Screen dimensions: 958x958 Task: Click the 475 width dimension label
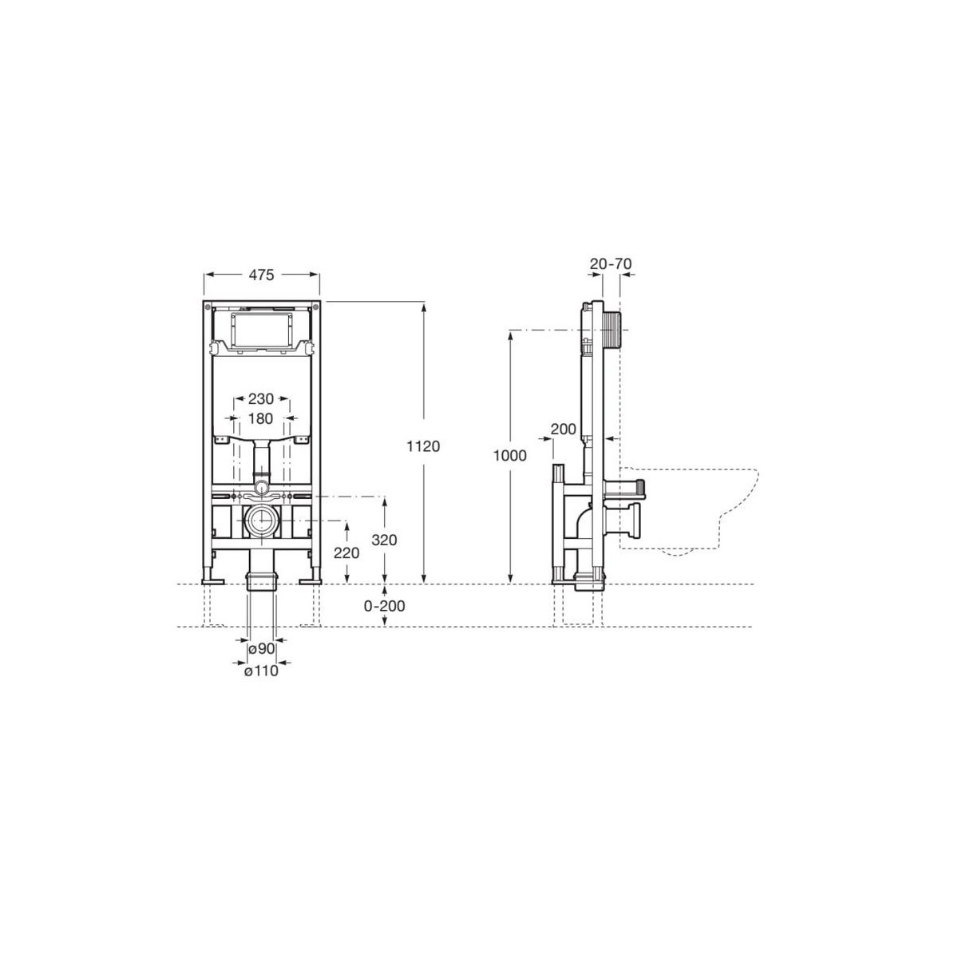261,275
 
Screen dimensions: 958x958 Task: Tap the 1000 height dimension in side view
510,456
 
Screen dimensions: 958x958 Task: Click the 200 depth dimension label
564,430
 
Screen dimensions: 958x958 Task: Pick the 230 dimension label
260,398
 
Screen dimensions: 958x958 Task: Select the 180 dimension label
260,418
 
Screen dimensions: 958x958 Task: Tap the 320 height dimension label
384,540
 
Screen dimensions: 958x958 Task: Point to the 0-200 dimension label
385,606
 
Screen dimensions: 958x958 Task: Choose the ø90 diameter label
262,649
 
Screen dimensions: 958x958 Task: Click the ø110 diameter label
262,671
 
